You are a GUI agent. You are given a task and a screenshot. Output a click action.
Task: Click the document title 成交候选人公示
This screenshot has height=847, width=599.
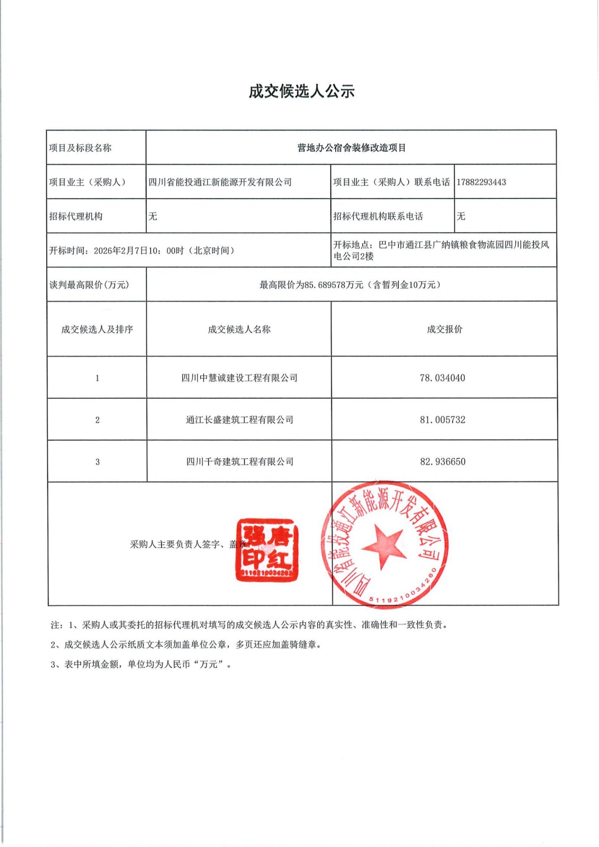(x=302, y=91)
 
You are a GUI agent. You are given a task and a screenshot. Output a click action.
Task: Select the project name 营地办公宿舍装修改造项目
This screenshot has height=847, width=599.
(x=351, y=148)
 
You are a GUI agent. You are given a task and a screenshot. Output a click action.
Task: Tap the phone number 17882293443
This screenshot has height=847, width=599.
(x=481, y=182)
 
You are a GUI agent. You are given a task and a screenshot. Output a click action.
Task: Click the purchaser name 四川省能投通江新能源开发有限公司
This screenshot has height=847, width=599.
(x=220, y=182)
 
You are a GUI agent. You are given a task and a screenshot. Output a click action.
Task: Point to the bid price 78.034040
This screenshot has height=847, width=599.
(x=442, y=378)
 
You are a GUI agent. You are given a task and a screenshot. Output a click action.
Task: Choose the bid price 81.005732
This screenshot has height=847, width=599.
(x=442, y=420)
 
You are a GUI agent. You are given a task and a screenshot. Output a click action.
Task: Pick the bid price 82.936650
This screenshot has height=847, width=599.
(x=442, y=462)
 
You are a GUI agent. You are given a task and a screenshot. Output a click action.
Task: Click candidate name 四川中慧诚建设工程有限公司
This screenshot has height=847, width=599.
(x=239, y=378)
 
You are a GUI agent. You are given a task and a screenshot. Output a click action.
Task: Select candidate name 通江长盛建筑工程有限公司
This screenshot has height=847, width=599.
(x=239, y=420)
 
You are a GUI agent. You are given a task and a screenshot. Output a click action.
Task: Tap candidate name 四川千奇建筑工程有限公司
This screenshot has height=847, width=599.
(x=239, y=462)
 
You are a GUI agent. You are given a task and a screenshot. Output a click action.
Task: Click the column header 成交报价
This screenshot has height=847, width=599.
(x=444, y=330)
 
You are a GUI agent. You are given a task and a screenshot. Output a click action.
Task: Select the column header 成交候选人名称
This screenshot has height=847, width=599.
(x=239, y=330)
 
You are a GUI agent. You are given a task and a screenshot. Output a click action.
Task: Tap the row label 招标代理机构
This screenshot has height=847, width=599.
(x=75, y=217)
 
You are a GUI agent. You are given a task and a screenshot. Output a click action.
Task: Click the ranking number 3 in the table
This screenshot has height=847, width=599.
(x=97, y=462)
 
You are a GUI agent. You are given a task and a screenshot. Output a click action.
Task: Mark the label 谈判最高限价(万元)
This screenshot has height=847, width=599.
(x=89, y=285)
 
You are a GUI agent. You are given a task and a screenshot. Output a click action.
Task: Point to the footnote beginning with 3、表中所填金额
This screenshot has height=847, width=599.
(x=141, y=664)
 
